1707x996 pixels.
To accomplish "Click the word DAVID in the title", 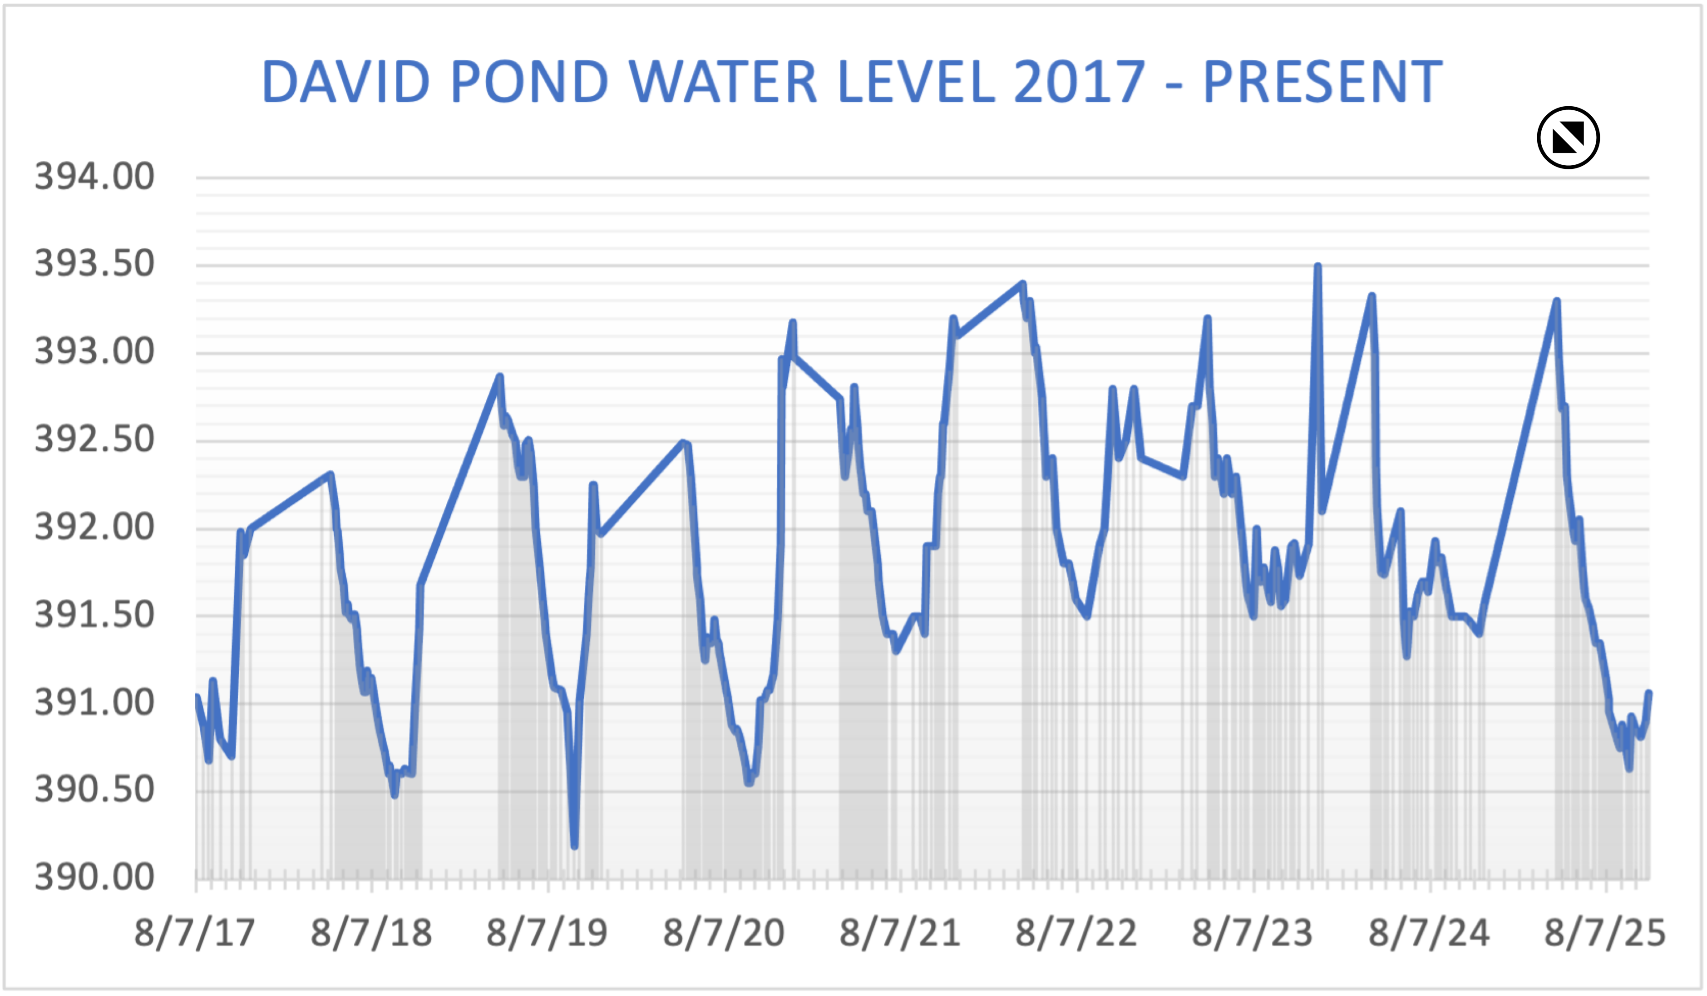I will (x=345, y=82).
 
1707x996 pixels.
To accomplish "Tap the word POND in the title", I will (x=529, y=82).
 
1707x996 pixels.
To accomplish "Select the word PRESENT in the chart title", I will (x=1323, y=82).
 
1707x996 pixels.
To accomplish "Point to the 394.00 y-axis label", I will (x=95, y=177).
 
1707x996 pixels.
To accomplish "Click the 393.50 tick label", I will (x=95, y=264).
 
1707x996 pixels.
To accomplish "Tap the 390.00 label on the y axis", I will (x=95, y=878).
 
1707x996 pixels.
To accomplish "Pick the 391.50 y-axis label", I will (x=95, y=615).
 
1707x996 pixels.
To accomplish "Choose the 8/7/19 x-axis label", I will (x=548, y=933).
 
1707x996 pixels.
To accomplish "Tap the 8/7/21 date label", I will (x=900, y=933).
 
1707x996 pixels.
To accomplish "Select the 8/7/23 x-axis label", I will (x=1253, y=933).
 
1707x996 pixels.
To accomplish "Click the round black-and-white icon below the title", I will (x=1568, y=138).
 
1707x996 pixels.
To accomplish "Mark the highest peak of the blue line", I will (x=1317, y=266).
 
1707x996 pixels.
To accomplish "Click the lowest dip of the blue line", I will (x=574, y=846).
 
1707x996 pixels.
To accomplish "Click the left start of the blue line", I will (x=197, y=696).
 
